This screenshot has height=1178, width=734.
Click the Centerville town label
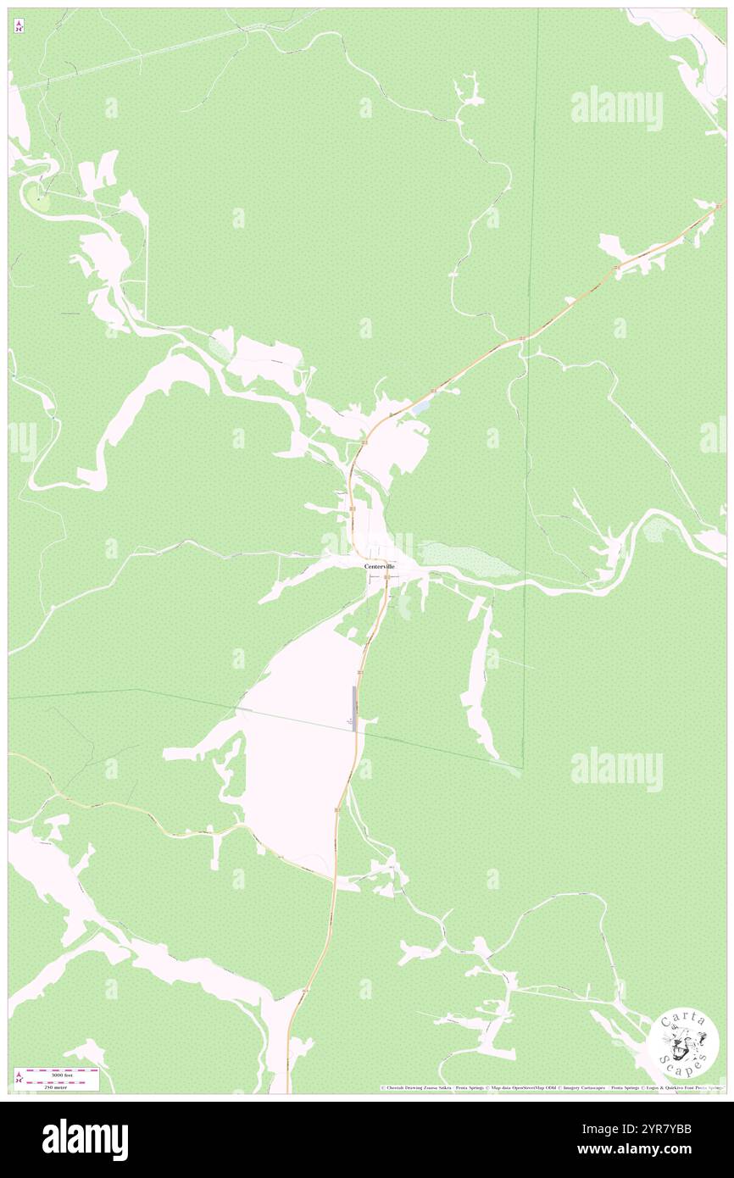(379, 566)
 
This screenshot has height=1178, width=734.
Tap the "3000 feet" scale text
(63, 1073)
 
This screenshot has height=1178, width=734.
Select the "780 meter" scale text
(63, 1085)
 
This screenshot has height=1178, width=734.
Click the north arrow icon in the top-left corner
(19, 26)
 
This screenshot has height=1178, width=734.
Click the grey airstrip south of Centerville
(353, 708)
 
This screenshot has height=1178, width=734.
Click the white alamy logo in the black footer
(85, 1140)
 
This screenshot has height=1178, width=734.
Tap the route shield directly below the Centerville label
(386, 578)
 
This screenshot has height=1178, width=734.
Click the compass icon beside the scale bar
(19, 1078)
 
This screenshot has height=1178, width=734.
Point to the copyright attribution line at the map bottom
(551, 1088)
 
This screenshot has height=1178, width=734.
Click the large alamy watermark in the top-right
(616, 108)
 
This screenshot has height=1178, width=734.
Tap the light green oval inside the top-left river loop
(37, 199)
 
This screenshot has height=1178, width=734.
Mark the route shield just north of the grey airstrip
(360, 672)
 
